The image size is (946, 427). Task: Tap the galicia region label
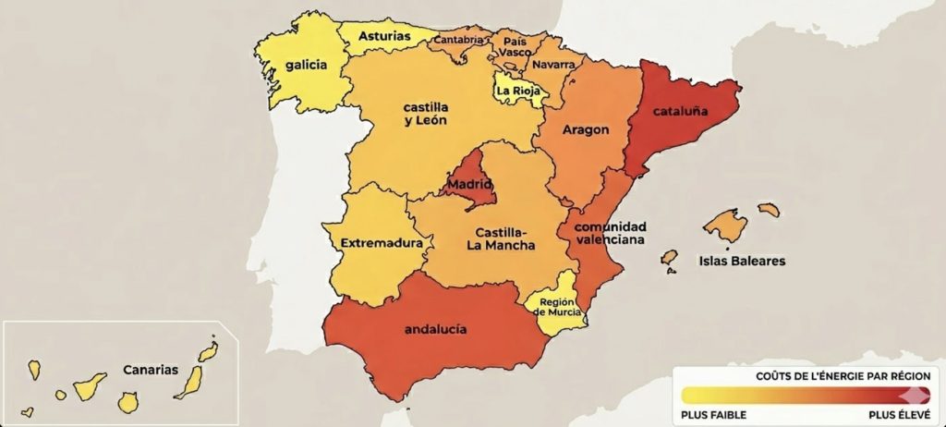click(x=306, y=66)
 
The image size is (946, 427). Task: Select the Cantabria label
click(x=458, y=40)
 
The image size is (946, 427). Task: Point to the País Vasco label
click(x=515, y=47)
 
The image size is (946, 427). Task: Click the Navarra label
click(x=553, y=65)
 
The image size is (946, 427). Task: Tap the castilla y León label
click(x=426, y=114)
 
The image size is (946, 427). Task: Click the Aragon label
click(x=585, y=130)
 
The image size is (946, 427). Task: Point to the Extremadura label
click(x=382, y=244)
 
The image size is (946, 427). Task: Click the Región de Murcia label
click(x=558, y=307)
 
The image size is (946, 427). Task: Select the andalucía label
click(x=436, y=328)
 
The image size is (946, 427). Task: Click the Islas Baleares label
click(x=742, y=261)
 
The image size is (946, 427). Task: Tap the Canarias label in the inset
click(x=150, y=370)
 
